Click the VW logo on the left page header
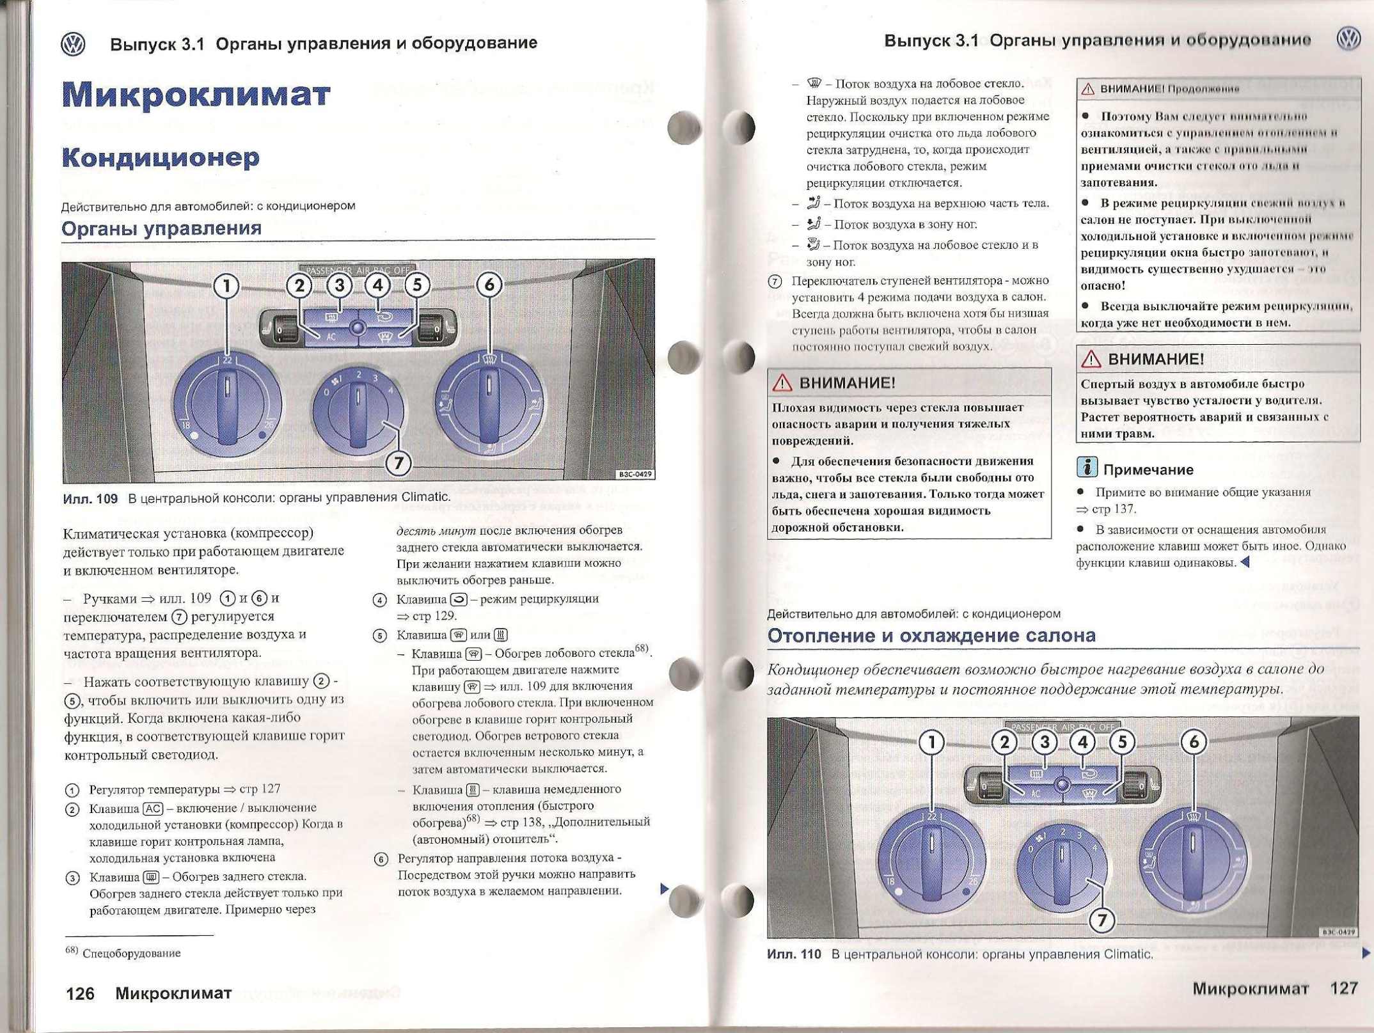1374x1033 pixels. (72, 45)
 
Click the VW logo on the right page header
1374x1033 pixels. (1348, 39)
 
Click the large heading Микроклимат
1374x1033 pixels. (196, 95)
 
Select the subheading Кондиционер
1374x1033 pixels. (161, 157)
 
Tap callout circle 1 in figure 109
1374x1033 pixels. (226, 286)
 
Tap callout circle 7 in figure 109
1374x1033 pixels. (399, 462)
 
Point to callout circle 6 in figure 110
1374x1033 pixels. (1194, 742)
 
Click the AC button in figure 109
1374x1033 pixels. (330, 336)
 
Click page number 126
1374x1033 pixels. (80, 993)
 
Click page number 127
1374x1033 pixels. (1343, 988)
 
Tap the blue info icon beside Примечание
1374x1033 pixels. (1087, 468)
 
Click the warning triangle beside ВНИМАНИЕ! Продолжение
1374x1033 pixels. (1088, 89)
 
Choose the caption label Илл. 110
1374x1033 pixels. (793, 954)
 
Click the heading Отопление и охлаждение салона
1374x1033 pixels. (931, 635)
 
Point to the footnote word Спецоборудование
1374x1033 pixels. (132, 954)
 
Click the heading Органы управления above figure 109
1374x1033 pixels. (161, 228)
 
